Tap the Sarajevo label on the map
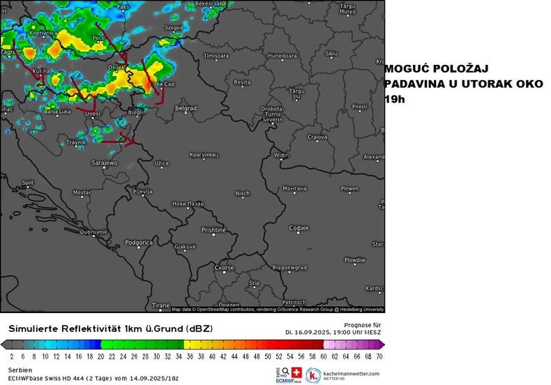(x=105, y=163)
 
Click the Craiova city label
(x=317, y=137)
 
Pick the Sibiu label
(x=331, y=54)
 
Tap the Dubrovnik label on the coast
(x=94, y=232)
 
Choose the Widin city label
(x=282, y=155)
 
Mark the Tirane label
(x=161, y=305)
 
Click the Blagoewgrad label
(x=289, y=267)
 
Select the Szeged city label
(x=173, y=28)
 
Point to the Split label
(x=28, y=183)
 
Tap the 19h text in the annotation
(x=394, y=100)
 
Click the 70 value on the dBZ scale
(x=379, y=356)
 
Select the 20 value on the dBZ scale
(x=100, y=356)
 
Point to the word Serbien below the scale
(x=20, y=369)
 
